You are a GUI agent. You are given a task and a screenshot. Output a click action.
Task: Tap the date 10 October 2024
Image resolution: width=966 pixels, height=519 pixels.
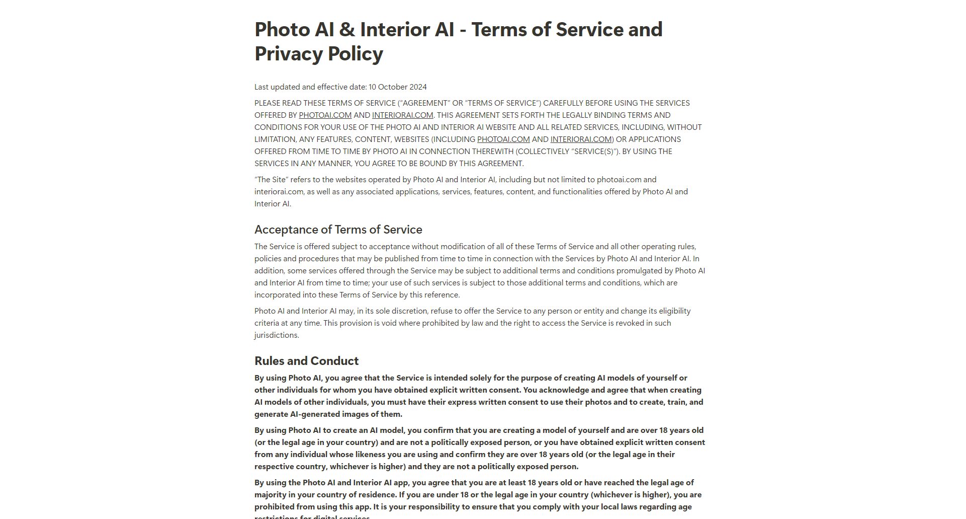click(x=397, y=87)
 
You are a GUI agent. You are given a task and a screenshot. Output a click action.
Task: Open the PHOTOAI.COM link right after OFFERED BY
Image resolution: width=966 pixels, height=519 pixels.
click(x=325, y=115)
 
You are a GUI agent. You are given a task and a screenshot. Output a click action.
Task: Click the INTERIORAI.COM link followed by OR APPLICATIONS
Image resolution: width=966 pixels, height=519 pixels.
click(x=581, y=139)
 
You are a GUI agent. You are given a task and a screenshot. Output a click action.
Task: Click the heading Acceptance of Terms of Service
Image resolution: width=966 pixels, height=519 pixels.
click(x=338, y=230)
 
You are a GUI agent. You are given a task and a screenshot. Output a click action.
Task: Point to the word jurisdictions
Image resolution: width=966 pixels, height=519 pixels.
click(x=276, y=335)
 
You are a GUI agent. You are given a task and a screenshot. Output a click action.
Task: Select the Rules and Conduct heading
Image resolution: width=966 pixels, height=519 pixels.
click(x=306, y=361)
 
